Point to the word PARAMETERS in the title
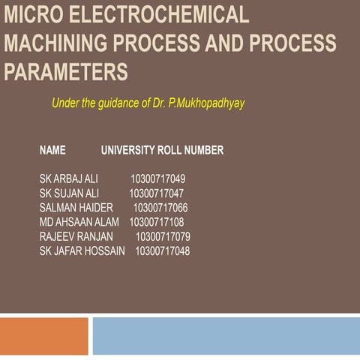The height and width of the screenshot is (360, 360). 65,72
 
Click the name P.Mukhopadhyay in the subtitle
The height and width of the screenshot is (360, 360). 207,103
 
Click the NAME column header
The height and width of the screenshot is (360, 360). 52,150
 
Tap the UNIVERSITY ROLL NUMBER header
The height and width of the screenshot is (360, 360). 162,150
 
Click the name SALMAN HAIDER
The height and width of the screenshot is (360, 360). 76,208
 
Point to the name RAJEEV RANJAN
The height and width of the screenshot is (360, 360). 76,236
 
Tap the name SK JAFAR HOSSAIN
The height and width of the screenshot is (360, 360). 82,250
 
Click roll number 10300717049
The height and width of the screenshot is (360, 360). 157,179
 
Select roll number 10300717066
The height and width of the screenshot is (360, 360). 160,208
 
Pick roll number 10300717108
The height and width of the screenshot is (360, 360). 156,222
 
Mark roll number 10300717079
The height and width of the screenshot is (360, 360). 163,236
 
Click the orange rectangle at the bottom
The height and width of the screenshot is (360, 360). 43,336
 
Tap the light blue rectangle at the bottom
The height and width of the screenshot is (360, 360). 226,336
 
